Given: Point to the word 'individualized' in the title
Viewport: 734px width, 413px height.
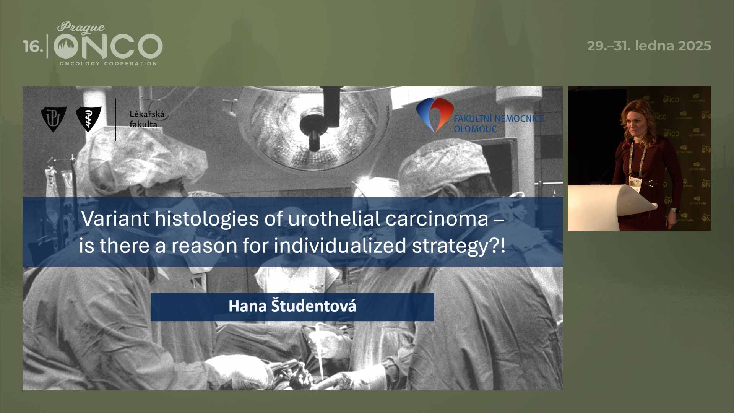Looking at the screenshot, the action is click(340, 246).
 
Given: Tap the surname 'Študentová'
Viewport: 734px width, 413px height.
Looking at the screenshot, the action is click(313, 306).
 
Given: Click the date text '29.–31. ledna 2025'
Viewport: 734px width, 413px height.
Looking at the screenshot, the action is click(649, 46).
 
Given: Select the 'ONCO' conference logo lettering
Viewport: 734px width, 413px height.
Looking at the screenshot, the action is click(108, 46).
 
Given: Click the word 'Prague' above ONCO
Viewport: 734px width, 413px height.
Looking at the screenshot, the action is click(81, 28).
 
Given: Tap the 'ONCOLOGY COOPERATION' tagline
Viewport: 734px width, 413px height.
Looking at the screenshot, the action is click(108, 63).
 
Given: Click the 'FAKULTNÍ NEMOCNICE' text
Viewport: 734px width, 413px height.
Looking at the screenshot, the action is click(499, 119).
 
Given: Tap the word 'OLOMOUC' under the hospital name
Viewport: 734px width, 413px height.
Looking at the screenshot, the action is click(475, 129).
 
